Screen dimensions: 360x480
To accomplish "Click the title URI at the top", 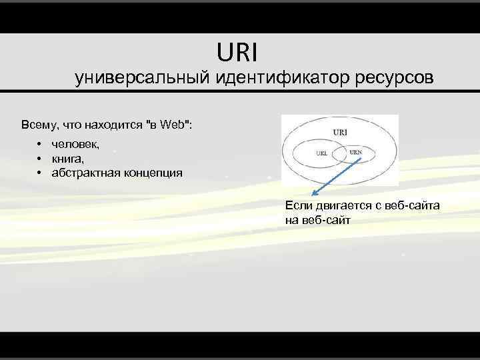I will [236, 51].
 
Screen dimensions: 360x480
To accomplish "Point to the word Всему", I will [39, 124].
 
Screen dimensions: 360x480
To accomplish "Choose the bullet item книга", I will [68, 159].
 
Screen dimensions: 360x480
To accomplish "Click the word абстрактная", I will [85, 173].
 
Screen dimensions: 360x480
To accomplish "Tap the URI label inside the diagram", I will [340, 132].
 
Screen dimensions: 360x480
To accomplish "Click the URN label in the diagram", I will [356, 151].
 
